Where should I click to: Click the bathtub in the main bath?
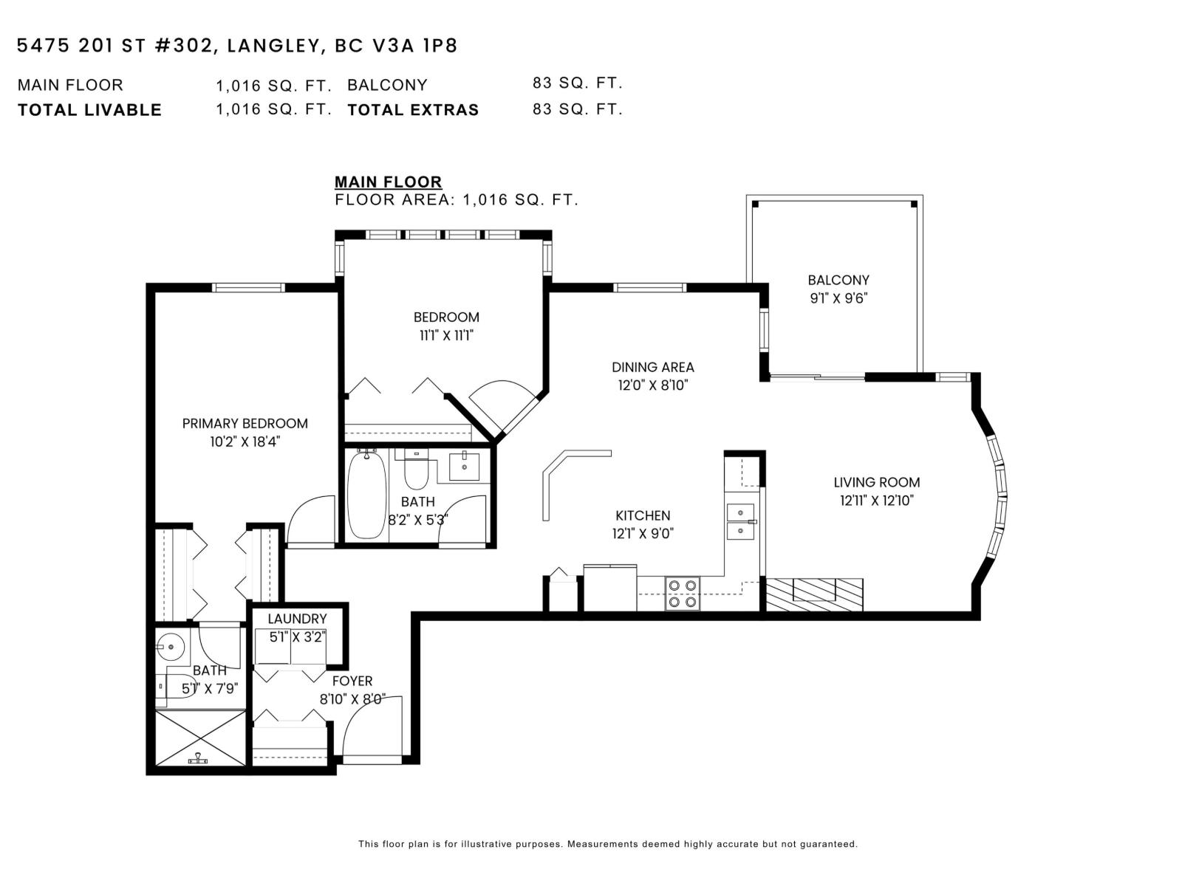click(366, 494)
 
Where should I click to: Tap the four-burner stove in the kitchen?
click(683, 594)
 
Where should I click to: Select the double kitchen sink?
click(740, 521)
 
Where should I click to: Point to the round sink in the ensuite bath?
click(172, 646)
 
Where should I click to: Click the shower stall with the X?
click(200, 738)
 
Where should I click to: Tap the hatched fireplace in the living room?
click(814, 594)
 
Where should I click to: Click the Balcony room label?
click(838, 281)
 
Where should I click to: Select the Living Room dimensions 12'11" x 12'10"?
click(877, 501)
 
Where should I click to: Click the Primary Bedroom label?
click(245, 424)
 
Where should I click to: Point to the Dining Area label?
click(652, 368)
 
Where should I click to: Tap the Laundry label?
click(297, 619)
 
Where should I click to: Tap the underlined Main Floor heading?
click(389, 182)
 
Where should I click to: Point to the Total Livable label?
click(89, 110)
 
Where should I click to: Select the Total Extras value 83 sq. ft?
click(577, 109)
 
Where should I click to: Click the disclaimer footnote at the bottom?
click(608, 844)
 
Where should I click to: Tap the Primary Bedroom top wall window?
click(248, 288)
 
